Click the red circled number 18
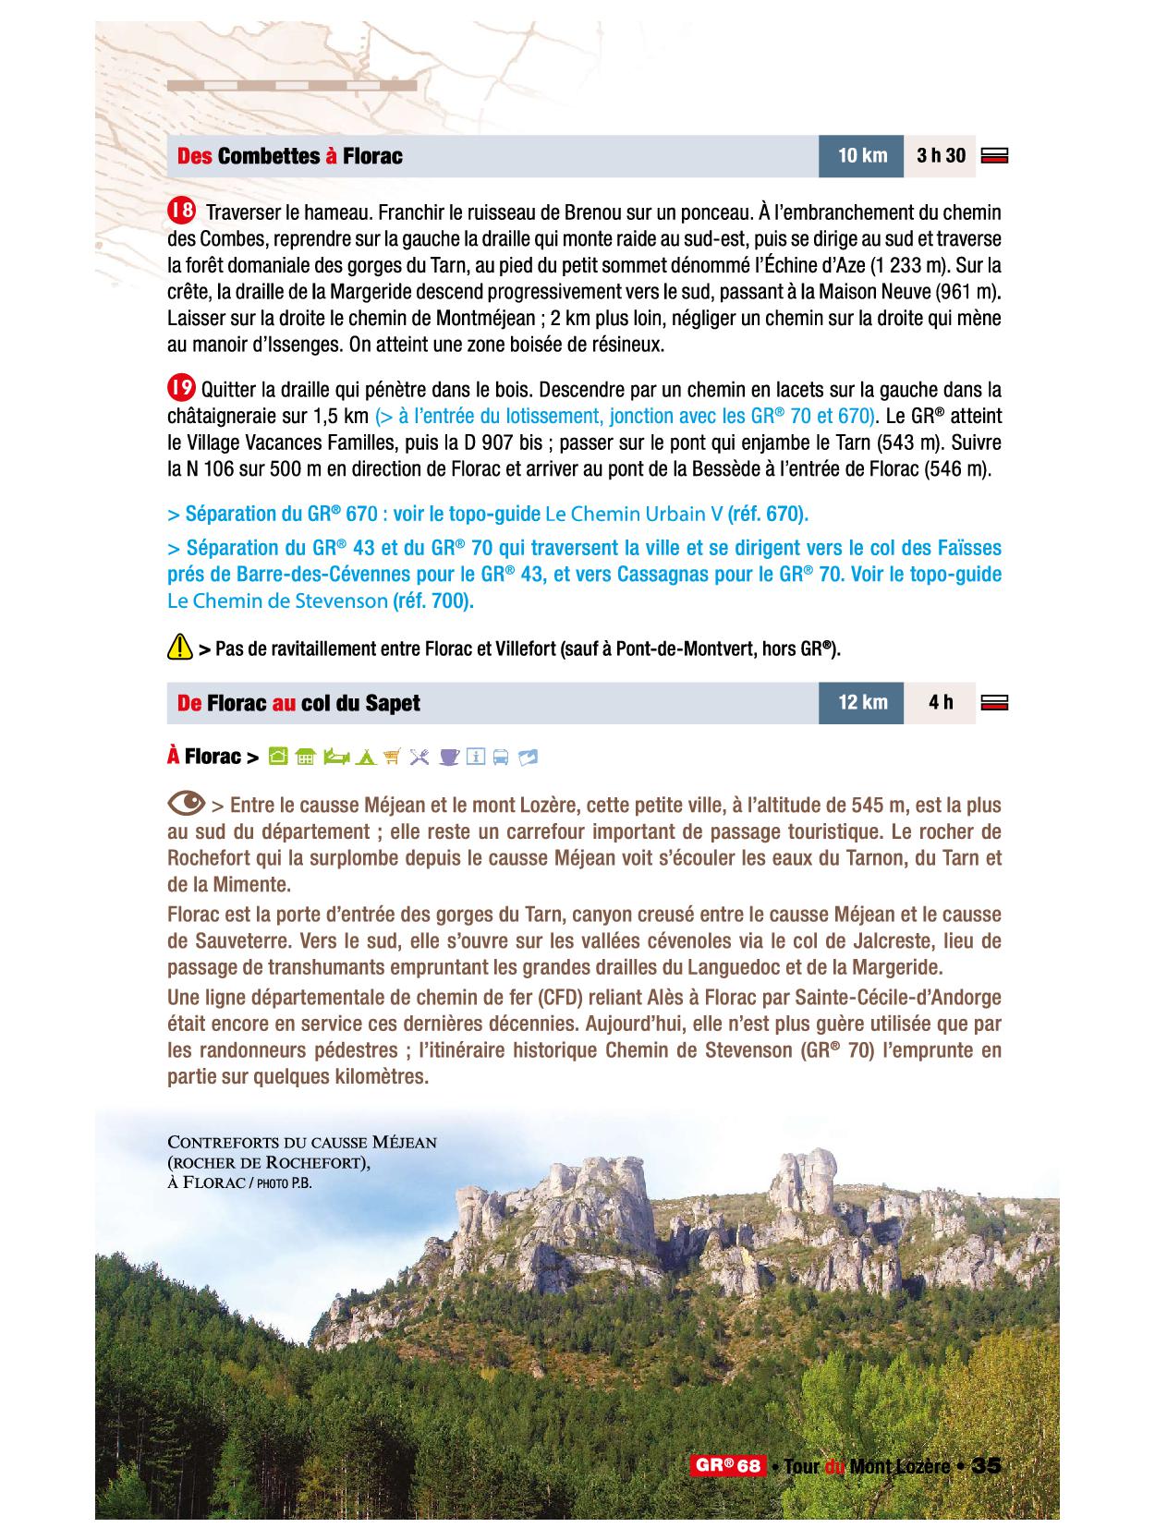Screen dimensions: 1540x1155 [x=181, y=211]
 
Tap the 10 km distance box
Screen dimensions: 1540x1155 [x=861, y=155]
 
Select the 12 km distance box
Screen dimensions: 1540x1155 [x=861, y=703]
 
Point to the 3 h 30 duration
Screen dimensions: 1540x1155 [x=941, y=155]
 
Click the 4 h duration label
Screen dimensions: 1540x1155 [x=941, y=703]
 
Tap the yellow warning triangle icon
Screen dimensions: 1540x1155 [x=179, y=648]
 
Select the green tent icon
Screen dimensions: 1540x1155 [x=365, y=758]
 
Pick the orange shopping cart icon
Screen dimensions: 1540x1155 [x=392, y=758]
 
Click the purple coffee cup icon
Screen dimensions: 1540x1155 [x=449, y=758]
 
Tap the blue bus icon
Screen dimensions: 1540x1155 [x=501, y=758]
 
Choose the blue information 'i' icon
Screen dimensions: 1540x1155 [x=476, y=758]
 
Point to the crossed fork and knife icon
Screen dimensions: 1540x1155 [x=419, y=758]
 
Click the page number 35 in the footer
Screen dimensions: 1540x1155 [x=987, y=1466]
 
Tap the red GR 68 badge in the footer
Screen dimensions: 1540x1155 [x=727, y=1466]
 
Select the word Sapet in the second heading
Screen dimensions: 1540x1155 [x=387, y=704]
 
